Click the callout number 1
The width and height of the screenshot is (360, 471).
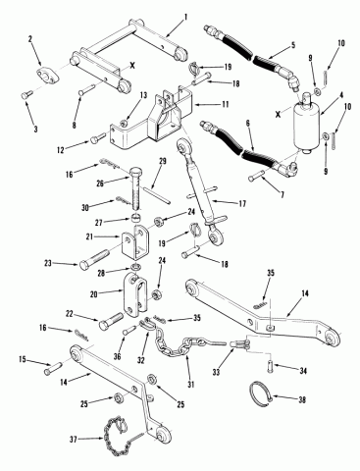pyautogui.click(x=186, y=17)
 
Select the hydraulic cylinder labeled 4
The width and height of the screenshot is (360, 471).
pyautogui.click(x=306, y=126)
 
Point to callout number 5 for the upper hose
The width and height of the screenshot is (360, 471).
pyautogui.click(x=293, y=44)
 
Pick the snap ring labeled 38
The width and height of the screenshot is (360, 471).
pyautogui.click(x=260, y=393)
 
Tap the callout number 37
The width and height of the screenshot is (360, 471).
pyautogui.click(x=73, y=440)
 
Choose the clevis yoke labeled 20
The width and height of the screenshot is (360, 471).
pyautogui.click(x=135, y=297)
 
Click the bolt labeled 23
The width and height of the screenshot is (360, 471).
pyautogui.click(x=94, y=258)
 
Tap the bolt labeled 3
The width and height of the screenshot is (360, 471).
pyautogui.click(x=26, y=95)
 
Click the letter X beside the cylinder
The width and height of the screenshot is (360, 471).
pyautogui.click(x=278, y=115)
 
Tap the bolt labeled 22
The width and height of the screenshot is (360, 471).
pyautogui.click(x=110, y=320)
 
